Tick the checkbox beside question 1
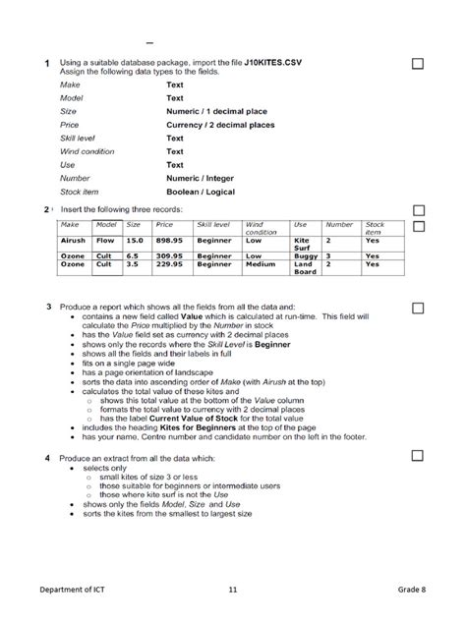[417, 64]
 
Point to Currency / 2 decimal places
[220, 125]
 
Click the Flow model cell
[105, 240]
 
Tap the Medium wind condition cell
[261, 264]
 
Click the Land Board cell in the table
[306, 268]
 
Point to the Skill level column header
[213, 225]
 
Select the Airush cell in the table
[74, 240]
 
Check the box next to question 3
[417, 307]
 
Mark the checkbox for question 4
[417, 457]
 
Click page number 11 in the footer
[233, 590]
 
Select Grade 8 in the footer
[412, 590]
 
